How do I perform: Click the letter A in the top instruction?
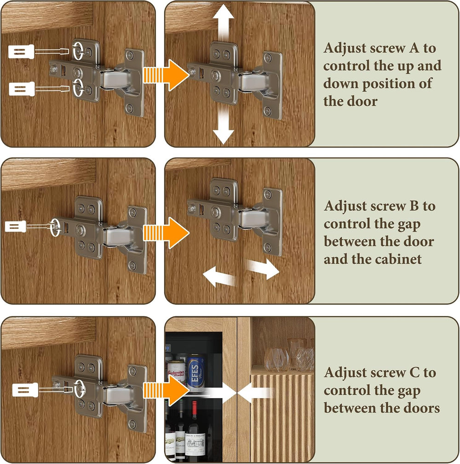click(414, 48)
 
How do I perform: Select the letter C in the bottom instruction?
click(414, 373)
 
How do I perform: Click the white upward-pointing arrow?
click(224, 23)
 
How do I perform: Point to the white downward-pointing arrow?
click(224, 125)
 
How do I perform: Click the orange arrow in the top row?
click(167, 75)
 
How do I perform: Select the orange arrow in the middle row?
click(167, 232)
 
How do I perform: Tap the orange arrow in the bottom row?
click(167, 390)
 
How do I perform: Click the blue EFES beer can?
click(195, 372)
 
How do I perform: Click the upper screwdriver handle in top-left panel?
click(21, 52)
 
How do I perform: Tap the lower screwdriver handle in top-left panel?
click(22, 88)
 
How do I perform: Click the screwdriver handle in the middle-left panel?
click(16, 227)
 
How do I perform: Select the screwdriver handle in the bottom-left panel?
click(25, 390)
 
